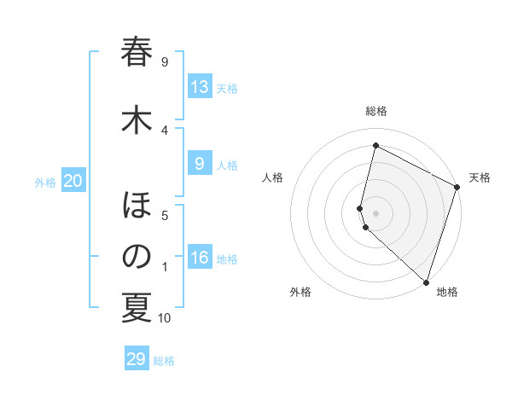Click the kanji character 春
pos(137,53)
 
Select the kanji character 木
pos(137,119)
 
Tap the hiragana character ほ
pos(137,206)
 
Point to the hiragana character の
pos(137,257)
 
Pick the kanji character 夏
pos(137,308)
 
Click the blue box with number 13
pos(200,87)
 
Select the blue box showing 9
pos(200,164)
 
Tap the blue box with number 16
pos(200,258)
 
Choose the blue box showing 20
pos(73,181)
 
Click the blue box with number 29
pos(137,359)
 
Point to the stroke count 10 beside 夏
pos(165,318)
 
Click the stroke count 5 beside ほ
pos(165,216)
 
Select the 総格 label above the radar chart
pos(376,111)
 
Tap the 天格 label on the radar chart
pos(480,177)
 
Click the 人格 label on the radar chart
pos(273,177)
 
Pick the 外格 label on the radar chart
pos(300,292)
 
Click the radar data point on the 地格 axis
pos(425,282)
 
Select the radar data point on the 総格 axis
pos(375,146)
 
